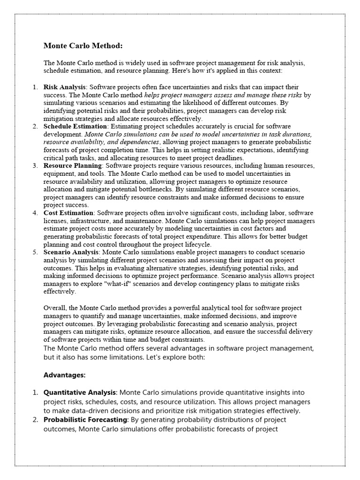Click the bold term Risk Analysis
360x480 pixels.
click(65, 87)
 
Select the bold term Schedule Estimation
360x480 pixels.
click(75, 127)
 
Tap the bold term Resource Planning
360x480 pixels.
click(73, 166)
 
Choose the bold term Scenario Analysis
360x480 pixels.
click(72, 252)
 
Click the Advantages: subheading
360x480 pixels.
click(64, 375)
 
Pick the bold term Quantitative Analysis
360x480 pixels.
click(80, 392)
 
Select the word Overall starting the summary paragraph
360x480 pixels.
click(54, 307)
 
